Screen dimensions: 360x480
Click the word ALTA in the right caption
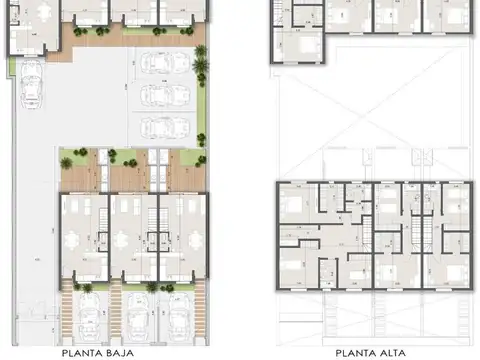[392, 351]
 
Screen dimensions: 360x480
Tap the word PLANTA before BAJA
[82, 351]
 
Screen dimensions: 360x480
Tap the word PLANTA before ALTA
[356, 351]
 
